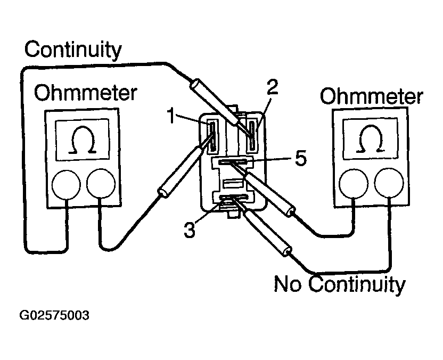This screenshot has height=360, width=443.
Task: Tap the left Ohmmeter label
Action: click(x=85, y=94)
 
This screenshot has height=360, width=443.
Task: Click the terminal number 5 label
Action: click(x=300, y=158)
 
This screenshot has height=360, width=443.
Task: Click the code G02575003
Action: click(x=54, y=315)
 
